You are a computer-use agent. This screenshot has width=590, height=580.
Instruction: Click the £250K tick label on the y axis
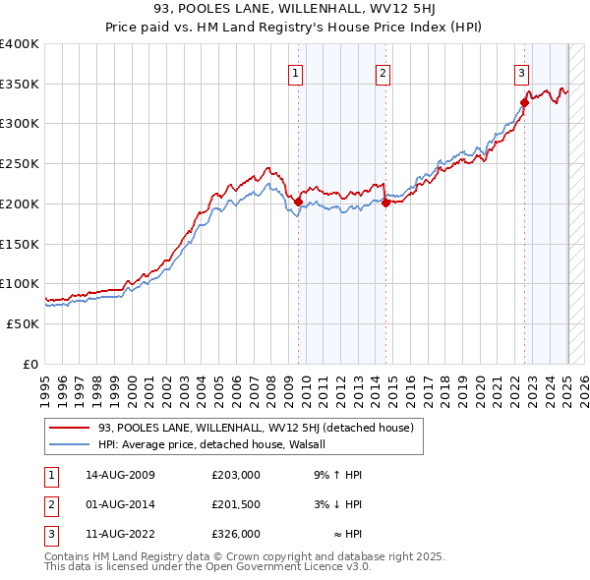point(20,164)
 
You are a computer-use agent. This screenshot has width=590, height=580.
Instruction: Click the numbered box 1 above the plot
point(296,71)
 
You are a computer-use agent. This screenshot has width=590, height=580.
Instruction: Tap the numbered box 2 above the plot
point(383,71)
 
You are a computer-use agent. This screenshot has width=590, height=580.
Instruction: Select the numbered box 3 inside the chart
point(521,71)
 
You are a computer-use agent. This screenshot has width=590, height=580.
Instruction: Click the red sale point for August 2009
point(299,203)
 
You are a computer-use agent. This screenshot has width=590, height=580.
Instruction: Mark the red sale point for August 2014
point(385,203)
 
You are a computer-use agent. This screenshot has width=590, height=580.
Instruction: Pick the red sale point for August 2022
point(524,103)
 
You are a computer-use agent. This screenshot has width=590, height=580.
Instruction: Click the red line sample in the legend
point(69,428)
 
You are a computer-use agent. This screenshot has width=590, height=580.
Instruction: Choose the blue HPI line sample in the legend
point(69,444)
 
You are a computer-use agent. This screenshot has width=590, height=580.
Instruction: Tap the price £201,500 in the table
point(235,504)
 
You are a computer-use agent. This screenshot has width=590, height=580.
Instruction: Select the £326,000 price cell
point(235,534)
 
